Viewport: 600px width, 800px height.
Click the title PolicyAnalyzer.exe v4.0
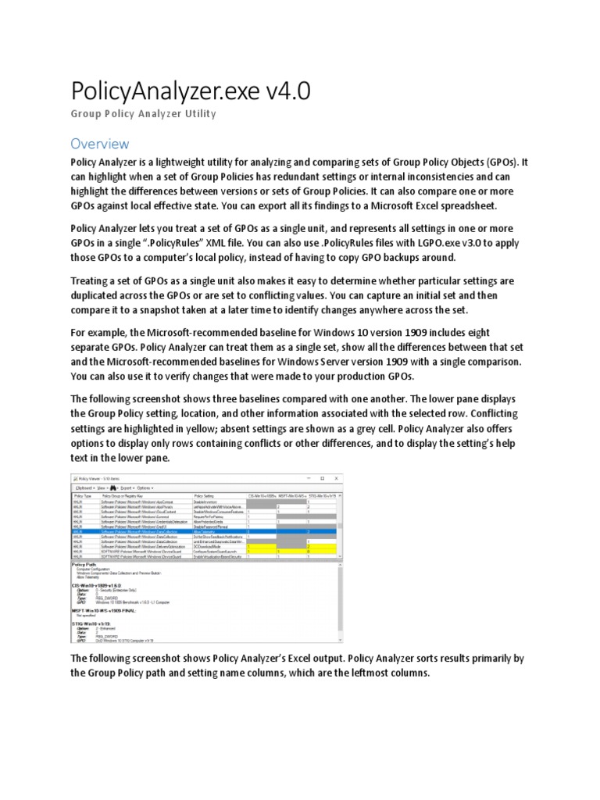[191, 91]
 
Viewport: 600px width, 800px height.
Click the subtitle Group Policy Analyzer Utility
[143, 115]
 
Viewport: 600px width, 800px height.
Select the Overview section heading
[99, 144]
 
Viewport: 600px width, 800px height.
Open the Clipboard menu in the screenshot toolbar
[86, 487]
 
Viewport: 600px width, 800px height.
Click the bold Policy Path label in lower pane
[84, 563]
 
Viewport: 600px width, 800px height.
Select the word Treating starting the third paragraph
[93, 280]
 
